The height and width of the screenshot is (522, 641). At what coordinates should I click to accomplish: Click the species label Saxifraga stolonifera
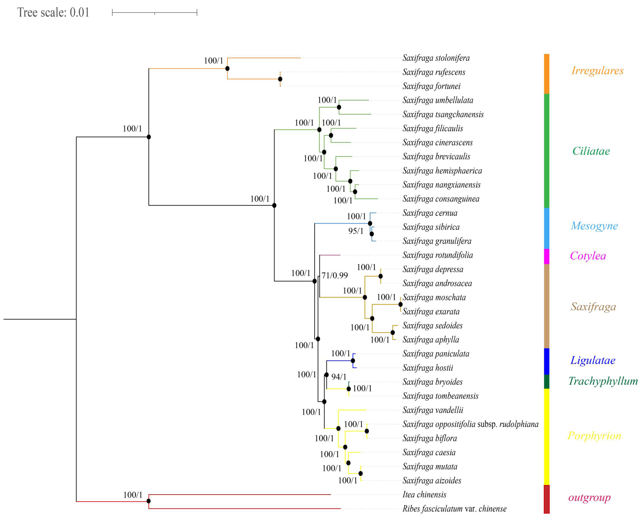click(x=436, y=58)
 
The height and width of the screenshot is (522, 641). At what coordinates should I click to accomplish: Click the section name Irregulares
click(x=597, y=71)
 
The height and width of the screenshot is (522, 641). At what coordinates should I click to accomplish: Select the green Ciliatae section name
click(x=591, y=151)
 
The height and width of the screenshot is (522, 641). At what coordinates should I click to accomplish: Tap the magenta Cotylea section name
click(x=587, y=256)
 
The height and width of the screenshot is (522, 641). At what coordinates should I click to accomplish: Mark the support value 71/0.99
click(x=334, y=275)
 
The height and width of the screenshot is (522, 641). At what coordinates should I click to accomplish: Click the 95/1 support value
click(x=355, y=231)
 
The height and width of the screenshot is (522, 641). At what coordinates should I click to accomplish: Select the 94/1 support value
click(x=339, y=377)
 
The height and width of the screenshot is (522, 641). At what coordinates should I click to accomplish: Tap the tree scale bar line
click(x=154, y=13)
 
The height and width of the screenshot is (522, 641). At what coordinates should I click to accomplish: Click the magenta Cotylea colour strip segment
click(x=546, y=256)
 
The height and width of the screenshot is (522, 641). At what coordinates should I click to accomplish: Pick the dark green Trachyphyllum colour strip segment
click(x=546, y=382)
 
